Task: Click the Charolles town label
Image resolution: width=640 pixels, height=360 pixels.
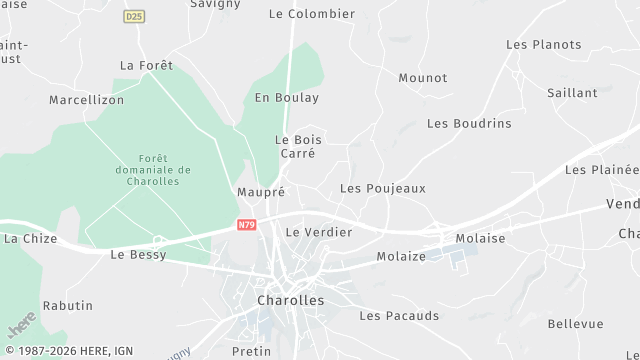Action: (x=291, y=300)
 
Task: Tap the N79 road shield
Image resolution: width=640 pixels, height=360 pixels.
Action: (x=247, y=226)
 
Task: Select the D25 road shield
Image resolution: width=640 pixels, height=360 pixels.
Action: (x=133, y=17)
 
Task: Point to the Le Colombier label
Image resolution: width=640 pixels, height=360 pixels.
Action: (x=312, y=14)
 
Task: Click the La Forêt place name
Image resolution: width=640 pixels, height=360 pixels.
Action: (x=146, y=65)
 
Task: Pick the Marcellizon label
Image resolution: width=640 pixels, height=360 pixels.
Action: (x=86, y=100)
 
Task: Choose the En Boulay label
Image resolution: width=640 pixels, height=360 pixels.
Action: (x=287, y=98)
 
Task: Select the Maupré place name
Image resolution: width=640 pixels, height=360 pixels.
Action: (x=261, y=191)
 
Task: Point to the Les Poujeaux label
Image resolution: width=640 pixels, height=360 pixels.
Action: (x=383, y=188)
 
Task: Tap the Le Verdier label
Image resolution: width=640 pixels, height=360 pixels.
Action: (x=319, y=232)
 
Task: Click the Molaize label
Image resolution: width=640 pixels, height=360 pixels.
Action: (x=401, y=257)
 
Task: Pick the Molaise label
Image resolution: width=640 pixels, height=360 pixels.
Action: (x=480, y=238)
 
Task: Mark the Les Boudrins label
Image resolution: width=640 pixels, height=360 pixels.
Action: (x=469, y=123)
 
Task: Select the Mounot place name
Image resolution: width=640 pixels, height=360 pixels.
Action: (x=423, y=78)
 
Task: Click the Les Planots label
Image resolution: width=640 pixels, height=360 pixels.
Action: (x=543, y=44)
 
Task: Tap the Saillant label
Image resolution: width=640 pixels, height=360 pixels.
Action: (x=572, y=93)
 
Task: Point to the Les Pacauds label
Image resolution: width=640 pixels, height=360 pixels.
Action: (x=399, y=316)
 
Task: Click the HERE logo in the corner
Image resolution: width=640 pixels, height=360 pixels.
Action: (x=21, y=324)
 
